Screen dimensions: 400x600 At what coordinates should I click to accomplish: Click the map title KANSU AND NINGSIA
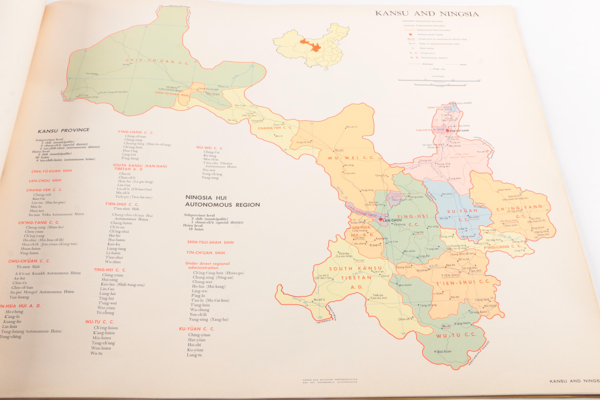(427, 13)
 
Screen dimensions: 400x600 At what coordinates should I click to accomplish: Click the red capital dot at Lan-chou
(381, 219)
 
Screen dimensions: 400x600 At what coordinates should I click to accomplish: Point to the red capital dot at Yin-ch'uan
(447, 130)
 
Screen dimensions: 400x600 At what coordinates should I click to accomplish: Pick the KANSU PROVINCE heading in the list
(63, 130)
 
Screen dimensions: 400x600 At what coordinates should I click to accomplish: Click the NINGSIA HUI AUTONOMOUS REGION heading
(222, 201)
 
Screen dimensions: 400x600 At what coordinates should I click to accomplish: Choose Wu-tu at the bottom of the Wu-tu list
(96, 353)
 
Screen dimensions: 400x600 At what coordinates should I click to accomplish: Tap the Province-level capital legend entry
(426, 34)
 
